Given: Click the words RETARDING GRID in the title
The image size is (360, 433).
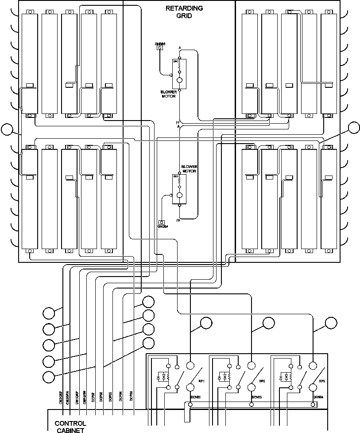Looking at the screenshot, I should [184, 12].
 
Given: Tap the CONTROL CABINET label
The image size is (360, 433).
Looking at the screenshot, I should [70, 426].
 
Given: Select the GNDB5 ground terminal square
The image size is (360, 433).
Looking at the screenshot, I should [161, 48].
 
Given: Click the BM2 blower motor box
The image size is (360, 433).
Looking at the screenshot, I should [179, 73].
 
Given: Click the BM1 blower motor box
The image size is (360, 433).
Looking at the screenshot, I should [179, 189].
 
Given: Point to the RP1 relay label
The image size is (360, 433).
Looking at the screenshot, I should [201, 381].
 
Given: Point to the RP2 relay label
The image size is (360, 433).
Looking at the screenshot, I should [262, 381].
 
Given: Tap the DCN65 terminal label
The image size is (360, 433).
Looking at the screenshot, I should [196, 398].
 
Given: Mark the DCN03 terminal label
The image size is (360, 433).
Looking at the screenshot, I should [257, 398].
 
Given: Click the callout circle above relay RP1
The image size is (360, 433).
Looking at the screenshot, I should [206, 324].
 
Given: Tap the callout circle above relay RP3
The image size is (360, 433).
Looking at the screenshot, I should [330, 324].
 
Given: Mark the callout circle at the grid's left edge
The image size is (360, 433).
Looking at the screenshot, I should [7, 129].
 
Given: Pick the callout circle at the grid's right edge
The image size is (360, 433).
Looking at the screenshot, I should [353, 128].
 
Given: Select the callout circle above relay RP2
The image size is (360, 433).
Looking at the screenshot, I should [268, 324].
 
